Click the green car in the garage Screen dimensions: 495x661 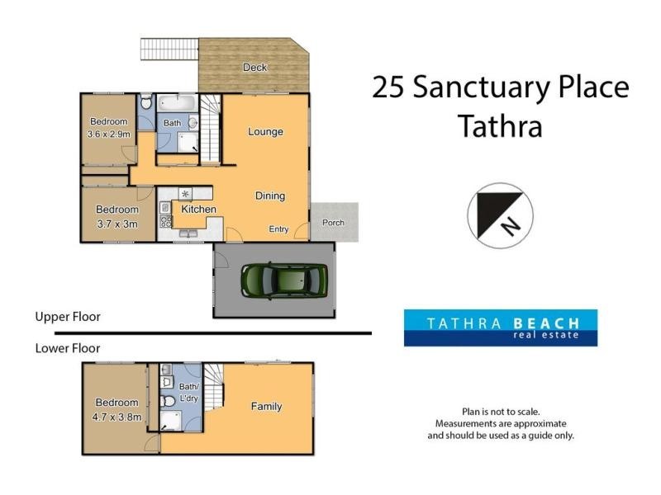coord(283,280)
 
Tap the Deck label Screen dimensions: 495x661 coord(254,67)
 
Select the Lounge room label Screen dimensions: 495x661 coord(265,132)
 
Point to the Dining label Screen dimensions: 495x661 coord(269,196)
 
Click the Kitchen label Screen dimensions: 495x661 coord(199,210)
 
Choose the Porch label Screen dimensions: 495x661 coord(333,224)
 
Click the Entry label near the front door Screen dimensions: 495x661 coord(278,229)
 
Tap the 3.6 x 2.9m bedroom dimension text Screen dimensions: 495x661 coord(107,134)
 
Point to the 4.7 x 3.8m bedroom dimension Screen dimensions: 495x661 coord(117,417)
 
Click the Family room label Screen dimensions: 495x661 coord(266,407)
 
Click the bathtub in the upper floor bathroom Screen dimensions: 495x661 coord(174,105)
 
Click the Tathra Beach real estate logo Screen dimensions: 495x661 coord(500,328)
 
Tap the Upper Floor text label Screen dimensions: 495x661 coord(67,317)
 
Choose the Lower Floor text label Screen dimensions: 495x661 coord(67,348)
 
